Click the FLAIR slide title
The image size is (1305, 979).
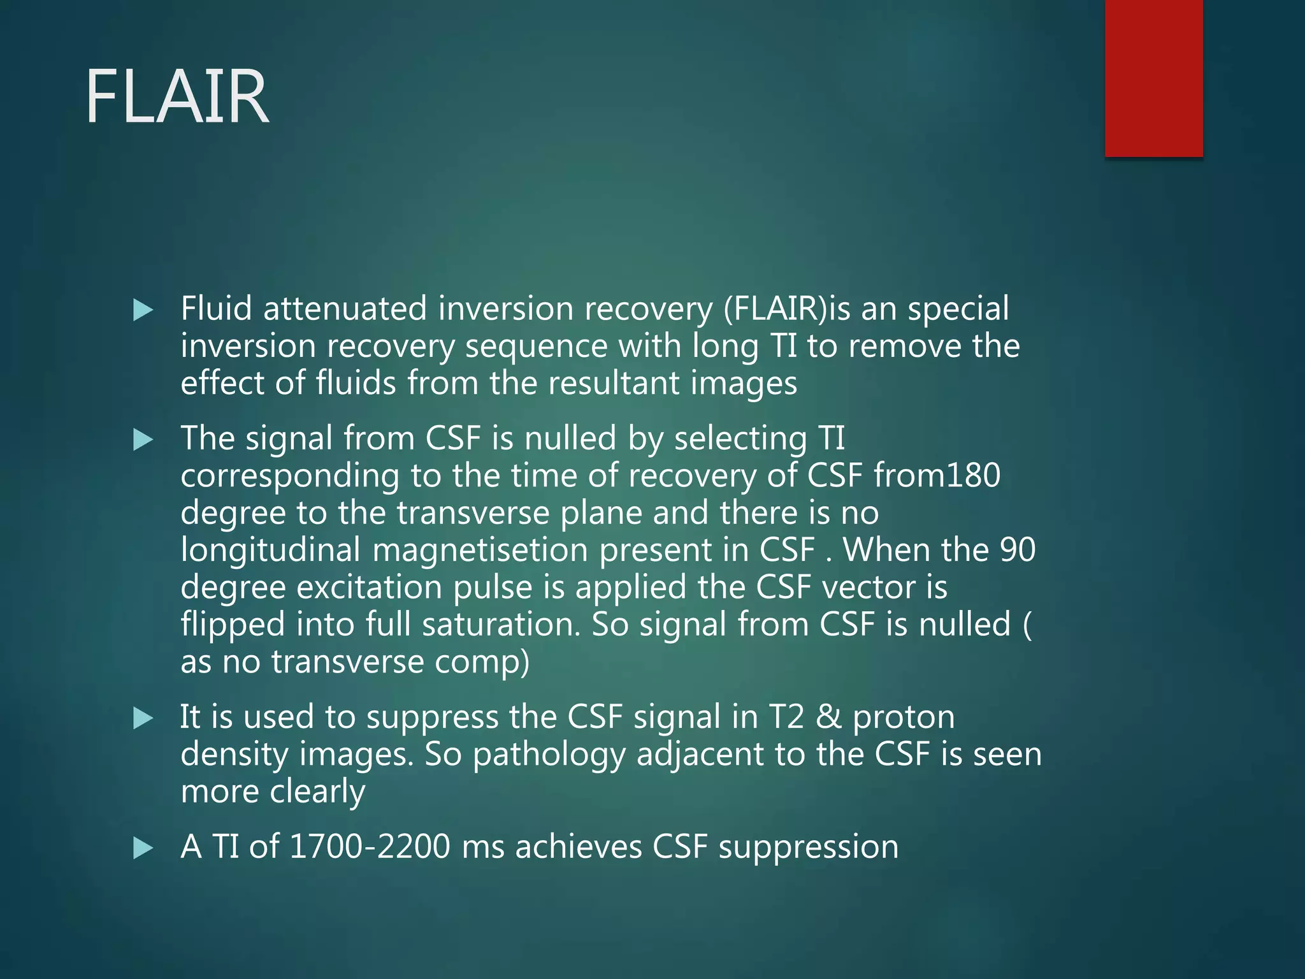click(177, 98)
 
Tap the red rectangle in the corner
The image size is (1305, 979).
click(1153, 78)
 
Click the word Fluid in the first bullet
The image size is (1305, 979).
click(217, 309)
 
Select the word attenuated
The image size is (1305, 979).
click(345, 309)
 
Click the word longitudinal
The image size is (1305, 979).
click(270, 551)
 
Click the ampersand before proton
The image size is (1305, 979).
click(828, 717)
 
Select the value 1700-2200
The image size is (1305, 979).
click(370, 847)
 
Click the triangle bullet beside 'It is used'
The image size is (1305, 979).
click(143, 719)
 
